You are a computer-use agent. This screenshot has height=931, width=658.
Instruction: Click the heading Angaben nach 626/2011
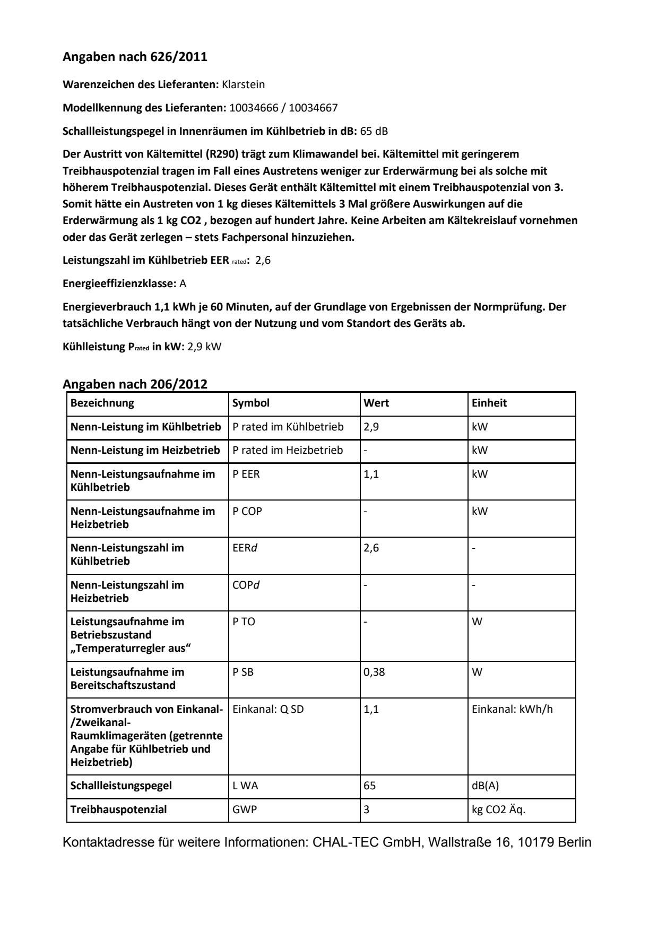pos(135,57)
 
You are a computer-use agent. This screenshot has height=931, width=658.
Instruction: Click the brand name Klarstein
pos(243,84)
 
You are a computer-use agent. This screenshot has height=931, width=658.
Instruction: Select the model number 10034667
pos(313,108)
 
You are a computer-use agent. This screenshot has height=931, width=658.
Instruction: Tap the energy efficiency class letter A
pos(183,283)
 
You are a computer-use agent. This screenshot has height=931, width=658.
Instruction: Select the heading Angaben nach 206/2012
pos(135,384)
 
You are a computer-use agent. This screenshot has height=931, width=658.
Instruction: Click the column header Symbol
pos(251,403)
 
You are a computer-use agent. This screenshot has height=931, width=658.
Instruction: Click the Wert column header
pos(376,403)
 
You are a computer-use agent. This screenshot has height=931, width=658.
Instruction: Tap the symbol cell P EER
pos(246,474)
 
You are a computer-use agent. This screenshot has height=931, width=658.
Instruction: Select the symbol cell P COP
pos(247,511)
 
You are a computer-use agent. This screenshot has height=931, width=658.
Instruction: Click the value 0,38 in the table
pos(374,672)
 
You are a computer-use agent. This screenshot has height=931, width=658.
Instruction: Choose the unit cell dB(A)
pos(485,786)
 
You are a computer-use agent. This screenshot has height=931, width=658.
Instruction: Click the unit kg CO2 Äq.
pos(498,809)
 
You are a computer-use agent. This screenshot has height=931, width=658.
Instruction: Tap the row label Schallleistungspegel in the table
pos(121,786)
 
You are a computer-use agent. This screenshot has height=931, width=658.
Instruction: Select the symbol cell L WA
pos(245,786)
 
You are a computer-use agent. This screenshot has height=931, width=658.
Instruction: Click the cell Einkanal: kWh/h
pos(512,709)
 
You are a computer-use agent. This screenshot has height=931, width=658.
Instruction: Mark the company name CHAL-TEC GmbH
pos(366,842)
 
